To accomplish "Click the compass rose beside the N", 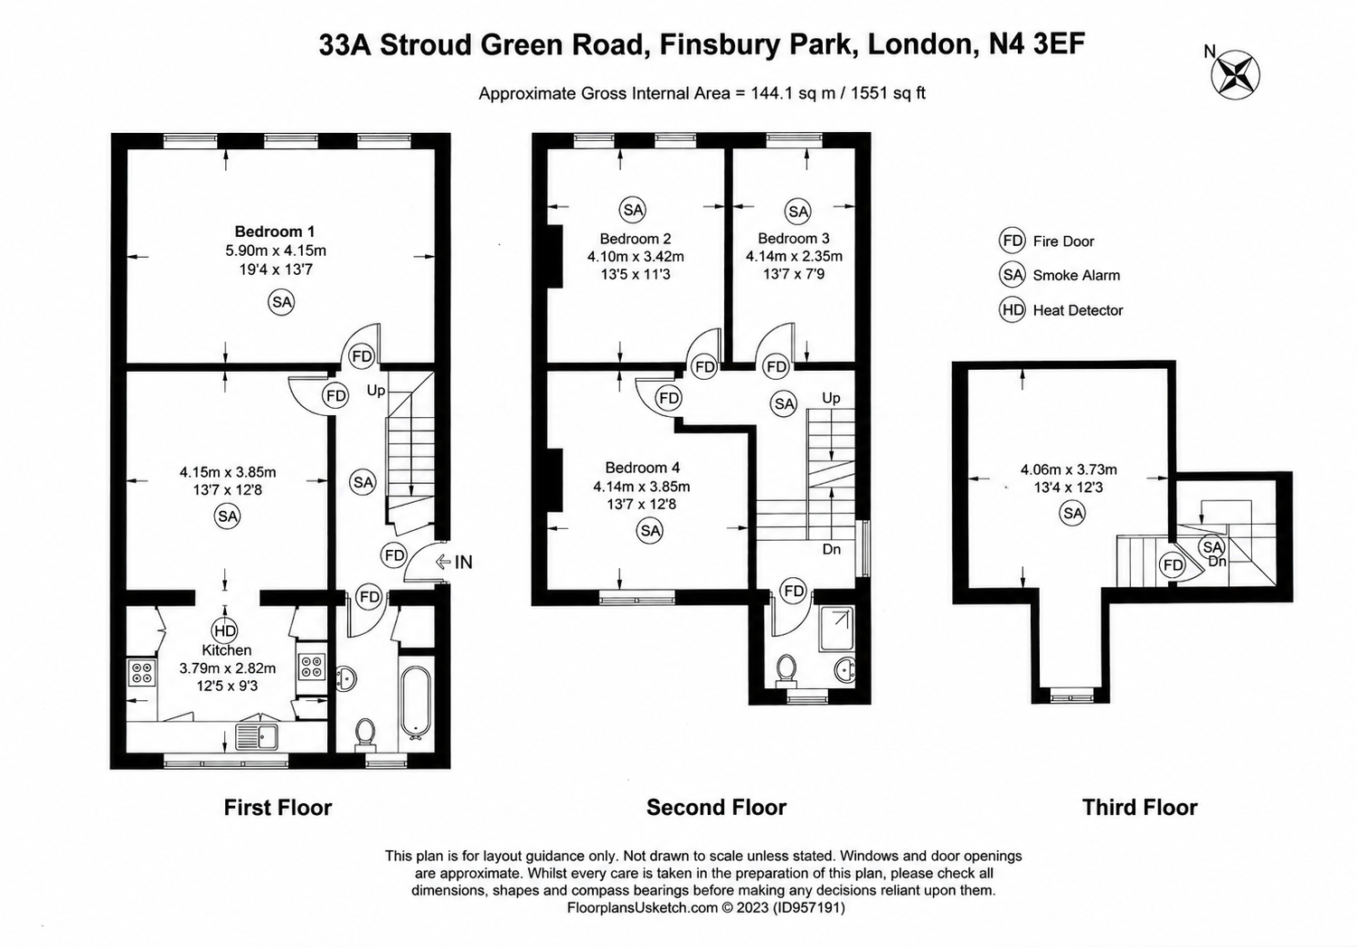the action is [1235, 76].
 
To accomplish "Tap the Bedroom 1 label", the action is [275, 232].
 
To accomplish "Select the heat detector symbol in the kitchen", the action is [225, 630].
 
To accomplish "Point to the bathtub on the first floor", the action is [416, 704].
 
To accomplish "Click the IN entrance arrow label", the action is [454, 563].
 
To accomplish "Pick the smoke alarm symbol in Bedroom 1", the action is [281, 302].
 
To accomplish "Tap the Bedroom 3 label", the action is [794, 238].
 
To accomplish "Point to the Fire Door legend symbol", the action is [1012, 241].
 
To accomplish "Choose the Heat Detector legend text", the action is [1078, 310].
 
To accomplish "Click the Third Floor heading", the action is [1139, 808].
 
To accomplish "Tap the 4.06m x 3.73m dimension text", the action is [1069, 469].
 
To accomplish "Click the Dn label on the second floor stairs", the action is [831, 549].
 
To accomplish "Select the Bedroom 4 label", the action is [642, 468].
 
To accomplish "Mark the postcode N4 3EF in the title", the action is [1037, 44].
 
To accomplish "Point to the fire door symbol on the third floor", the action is [1173, 565].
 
